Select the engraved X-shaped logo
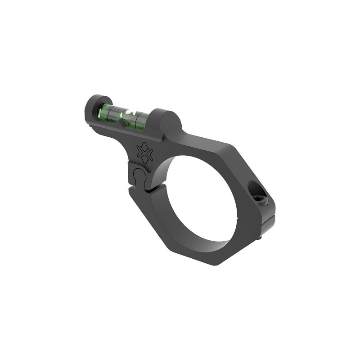point(144,152)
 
